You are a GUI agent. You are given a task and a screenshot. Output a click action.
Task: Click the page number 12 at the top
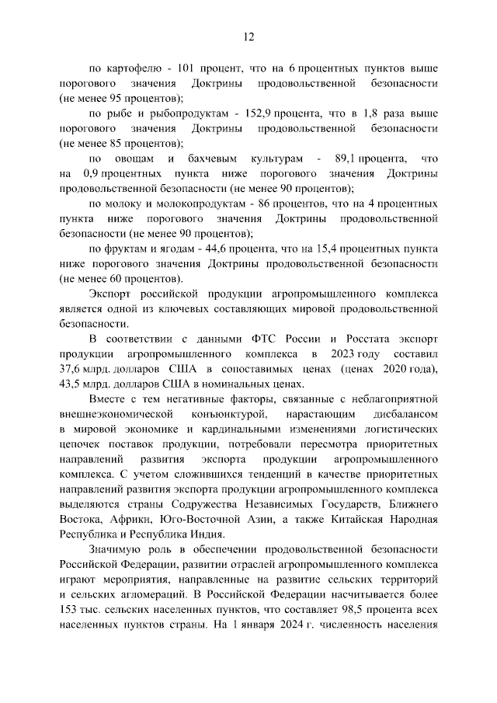coord(248,36)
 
